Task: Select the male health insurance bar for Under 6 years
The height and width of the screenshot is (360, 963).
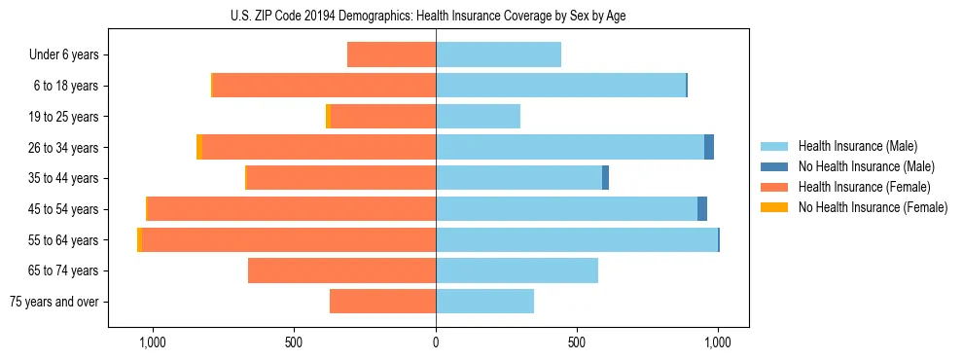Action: tap(498, 55)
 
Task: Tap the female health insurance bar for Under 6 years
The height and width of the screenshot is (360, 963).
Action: tap(391, 55)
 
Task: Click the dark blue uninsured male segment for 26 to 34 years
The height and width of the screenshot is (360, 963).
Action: tap(709, 147)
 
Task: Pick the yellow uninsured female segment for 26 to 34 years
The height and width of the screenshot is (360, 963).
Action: tap(198, 147)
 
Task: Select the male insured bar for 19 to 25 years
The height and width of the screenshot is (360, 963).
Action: tap(478, 117)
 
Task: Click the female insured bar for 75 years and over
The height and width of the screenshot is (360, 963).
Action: tap(382, 302)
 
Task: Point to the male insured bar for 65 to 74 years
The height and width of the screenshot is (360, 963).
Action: tap(517, 270)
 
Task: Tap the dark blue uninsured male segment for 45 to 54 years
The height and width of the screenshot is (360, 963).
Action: tap(702, 209)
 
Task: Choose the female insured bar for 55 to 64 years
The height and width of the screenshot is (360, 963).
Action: tap(288, 240)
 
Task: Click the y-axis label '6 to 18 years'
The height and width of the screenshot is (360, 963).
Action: tap(65, 87)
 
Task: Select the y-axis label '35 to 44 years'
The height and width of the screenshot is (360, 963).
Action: tap(62, 178)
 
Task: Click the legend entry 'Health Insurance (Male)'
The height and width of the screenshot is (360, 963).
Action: tap(857, 146)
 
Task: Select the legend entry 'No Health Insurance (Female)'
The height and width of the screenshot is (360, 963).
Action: tap(873, 207)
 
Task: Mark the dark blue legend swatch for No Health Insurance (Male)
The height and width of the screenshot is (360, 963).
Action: tap(774, 166)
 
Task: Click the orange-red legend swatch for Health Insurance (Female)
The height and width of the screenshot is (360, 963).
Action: tap(774, 187)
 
